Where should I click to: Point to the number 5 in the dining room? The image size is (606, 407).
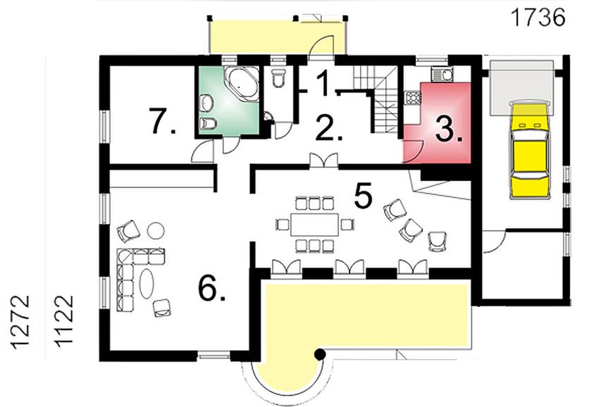tap(363, 196)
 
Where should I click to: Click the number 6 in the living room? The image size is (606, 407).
tap(211, 287)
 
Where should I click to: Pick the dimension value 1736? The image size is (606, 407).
tap(538, 16)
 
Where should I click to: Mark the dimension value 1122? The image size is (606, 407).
tap(65, 320)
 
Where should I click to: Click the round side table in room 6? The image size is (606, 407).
tap(156, 229)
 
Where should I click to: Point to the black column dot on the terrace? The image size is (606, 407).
tap(319, 353)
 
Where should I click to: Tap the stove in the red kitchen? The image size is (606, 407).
tap(410, 100)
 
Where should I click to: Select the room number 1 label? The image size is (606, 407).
tap(322, 84)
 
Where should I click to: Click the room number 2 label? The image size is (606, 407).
tap(328, 127)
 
